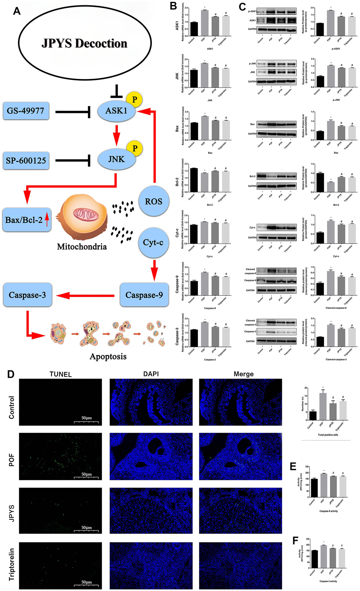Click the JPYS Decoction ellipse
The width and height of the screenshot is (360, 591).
[x=85, y=43]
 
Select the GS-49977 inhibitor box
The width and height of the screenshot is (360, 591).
[x=26, y=111]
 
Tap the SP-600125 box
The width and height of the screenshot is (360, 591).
[x=26, y=161]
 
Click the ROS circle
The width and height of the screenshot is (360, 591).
[x=154, y=201]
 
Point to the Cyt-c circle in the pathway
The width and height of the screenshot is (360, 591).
[x=153, y=242]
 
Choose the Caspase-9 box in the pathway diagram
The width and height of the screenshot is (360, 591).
[x=144, y=295]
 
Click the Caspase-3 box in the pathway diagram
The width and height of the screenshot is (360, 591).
[x=27, y=295]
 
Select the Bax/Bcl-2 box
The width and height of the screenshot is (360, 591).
[x=26, y=220]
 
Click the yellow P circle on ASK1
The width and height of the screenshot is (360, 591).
[x=134, y=99]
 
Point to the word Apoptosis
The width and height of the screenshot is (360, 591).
[x=108, y=356]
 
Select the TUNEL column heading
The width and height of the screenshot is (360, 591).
[x=60, y=374]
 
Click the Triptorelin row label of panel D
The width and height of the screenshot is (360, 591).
[x=12, y=564]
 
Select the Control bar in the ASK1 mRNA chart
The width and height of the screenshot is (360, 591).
[x=193, y=29]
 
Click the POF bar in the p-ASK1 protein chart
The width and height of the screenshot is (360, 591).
[x=330, y=23]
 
